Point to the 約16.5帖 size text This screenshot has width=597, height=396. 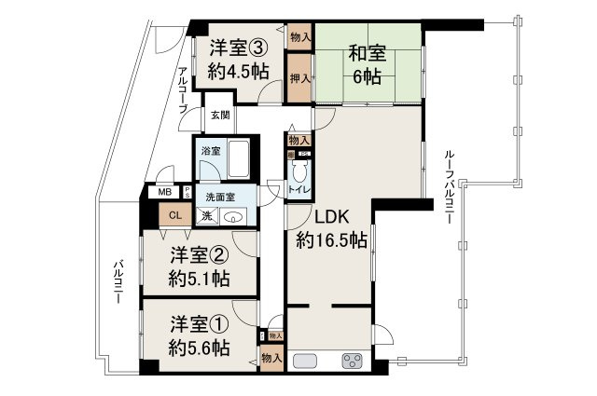331,240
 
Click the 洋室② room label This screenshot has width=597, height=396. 201,254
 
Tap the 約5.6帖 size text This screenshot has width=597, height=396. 201,348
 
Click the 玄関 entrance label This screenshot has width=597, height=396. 218,115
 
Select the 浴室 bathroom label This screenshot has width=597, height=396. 210,150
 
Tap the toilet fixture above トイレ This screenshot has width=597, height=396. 299,171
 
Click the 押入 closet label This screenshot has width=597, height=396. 299,77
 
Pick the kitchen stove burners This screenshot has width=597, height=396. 354,361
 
